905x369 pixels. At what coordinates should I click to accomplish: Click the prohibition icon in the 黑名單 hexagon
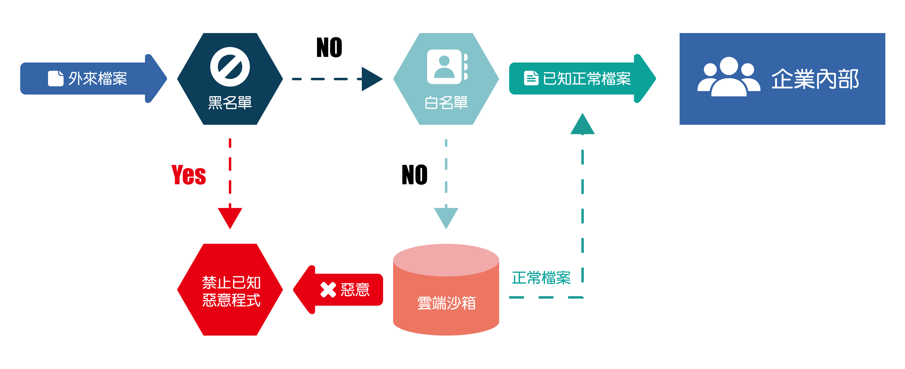pyautogui.click(x=230, y=67)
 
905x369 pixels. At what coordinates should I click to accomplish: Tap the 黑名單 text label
pyautogui.click(x=230, y=103)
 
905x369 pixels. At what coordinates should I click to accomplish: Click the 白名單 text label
pyautogui.click(x=446, y=103)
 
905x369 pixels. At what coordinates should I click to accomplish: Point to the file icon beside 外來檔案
pyautogui.click(x=55, y=78)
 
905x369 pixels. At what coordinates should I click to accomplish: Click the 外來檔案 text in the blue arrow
pyautogui.click(x=98, y=78)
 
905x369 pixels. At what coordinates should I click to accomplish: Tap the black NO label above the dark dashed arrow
pyautogui.click(x=329, y=47)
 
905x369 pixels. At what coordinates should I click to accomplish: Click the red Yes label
pyautogui.click(x=189, y=175)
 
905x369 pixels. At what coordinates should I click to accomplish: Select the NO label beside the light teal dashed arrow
pyautogui.click(x=415, y=175)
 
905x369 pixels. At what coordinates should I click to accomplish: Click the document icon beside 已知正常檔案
pyautogui.click(x=531, y=78)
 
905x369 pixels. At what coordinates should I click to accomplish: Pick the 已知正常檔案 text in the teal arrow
pyautogui.click(x=587, y=78)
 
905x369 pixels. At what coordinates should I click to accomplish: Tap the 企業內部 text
pyautogui.click(x=815, y=79)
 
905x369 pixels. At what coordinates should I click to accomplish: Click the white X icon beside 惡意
pyautogui.click(x=328, y=290)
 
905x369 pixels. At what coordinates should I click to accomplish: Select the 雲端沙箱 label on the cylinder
pyautogui.click(x=446, y=303)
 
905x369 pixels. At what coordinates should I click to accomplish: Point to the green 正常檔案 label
pyautogui.click(x=541, y=278)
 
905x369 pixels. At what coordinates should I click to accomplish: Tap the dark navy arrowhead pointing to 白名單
pyautogui.click(x=371, y=79)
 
